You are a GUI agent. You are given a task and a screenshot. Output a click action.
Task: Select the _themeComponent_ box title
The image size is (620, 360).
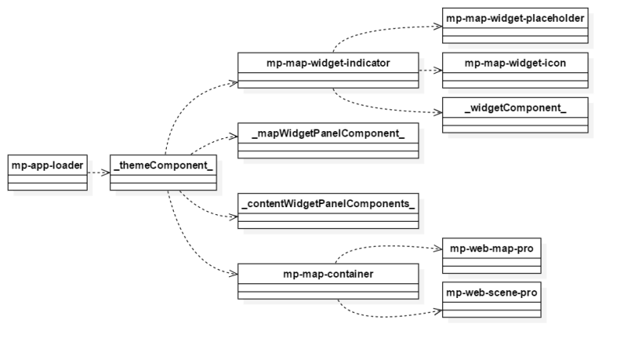(x=162, y=164)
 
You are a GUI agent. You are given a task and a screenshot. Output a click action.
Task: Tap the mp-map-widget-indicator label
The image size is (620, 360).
(x=327, y=62)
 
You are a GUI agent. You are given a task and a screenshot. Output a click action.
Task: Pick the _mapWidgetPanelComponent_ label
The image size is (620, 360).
(x=328, y=133)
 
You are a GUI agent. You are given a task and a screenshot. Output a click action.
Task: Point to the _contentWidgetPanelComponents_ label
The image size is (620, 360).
(x=327, y=204)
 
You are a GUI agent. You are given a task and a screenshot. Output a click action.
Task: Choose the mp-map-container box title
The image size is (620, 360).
(x=327, y=274)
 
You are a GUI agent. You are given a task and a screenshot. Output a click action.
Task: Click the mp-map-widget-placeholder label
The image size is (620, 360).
(x=514, y=18)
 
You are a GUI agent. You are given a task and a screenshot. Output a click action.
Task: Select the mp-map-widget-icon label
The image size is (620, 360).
(x=514, y=62)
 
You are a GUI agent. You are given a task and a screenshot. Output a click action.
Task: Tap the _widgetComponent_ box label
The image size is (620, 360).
(x=514, y=106)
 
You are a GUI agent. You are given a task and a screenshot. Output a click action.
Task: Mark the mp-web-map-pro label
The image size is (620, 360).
(x=490, y=251)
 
